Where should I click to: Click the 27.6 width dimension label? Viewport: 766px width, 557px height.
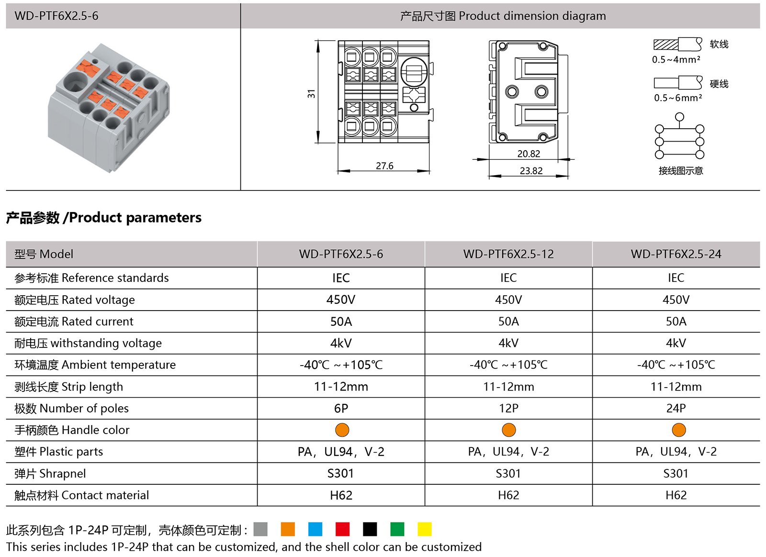(x=384, y=166)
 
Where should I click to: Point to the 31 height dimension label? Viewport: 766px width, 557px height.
(x=312, y=94)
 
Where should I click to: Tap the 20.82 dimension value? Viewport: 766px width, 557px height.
(x=529, y=154)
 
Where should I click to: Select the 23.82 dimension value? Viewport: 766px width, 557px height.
(x=531, y=171)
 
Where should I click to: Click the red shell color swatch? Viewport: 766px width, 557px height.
(x=342, y=529)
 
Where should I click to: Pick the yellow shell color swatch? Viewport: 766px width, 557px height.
(x=424, y=529)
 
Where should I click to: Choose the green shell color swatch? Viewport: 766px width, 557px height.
(x=397, y=529)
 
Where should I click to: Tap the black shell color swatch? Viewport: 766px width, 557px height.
(x=370, y=529)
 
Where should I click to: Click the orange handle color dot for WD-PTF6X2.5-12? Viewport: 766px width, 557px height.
(x=508, y=430)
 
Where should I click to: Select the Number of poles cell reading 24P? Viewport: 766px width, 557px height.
(x=676, y=408)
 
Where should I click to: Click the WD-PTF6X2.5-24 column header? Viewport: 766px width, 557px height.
(x=676, y=254)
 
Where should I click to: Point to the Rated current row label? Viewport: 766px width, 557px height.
(x=74, y=322)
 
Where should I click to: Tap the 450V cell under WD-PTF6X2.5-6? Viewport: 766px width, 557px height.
(x=341, y=300)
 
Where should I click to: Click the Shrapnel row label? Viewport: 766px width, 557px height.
(x=50, y=474)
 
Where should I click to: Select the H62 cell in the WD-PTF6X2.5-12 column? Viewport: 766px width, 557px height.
(x=508, y=495)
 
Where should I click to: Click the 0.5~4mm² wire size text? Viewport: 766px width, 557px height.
(x=676, y=60)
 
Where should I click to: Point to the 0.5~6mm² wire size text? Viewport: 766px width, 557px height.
(x=678, y=98)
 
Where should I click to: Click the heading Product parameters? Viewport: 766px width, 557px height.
(x=104, y=218)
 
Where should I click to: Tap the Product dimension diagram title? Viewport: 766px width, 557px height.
(x=503, y=16)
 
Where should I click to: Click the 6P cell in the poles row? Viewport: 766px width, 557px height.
(x=341, y=408)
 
